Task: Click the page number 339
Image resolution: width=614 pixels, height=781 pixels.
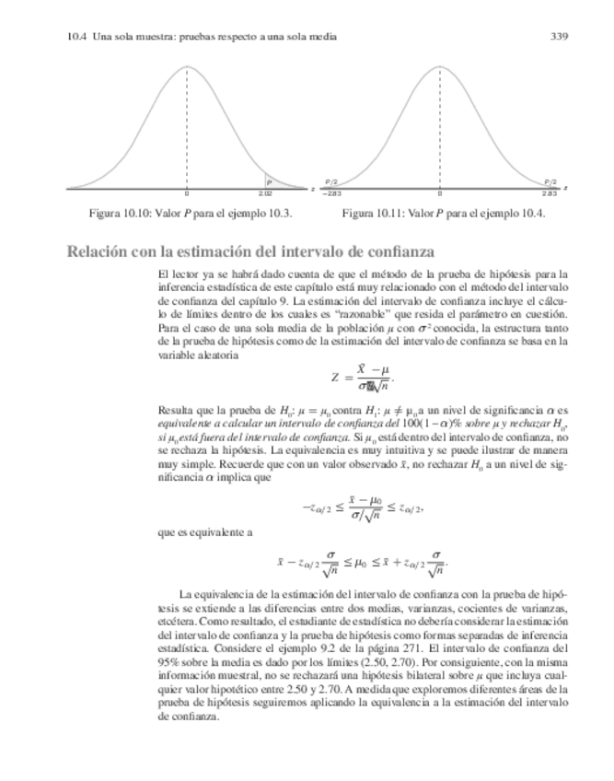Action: [x=556, y=37]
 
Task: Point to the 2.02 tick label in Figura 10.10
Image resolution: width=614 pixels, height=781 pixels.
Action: [x=265, y=194]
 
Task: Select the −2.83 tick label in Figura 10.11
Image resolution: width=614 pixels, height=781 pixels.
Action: [x=331, y=194]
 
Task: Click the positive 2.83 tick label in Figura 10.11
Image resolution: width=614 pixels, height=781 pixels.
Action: [x=549, y=194]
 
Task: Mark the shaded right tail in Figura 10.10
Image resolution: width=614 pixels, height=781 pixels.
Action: [x=269, y=182]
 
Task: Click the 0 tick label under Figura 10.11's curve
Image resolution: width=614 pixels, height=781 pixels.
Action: [x=440, y=194]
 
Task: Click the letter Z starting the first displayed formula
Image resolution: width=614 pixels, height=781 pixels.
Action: [x=335, y=377]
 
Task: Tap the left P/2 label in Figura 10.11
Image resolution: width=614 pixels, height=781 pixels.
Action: [x=330, y=182]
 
